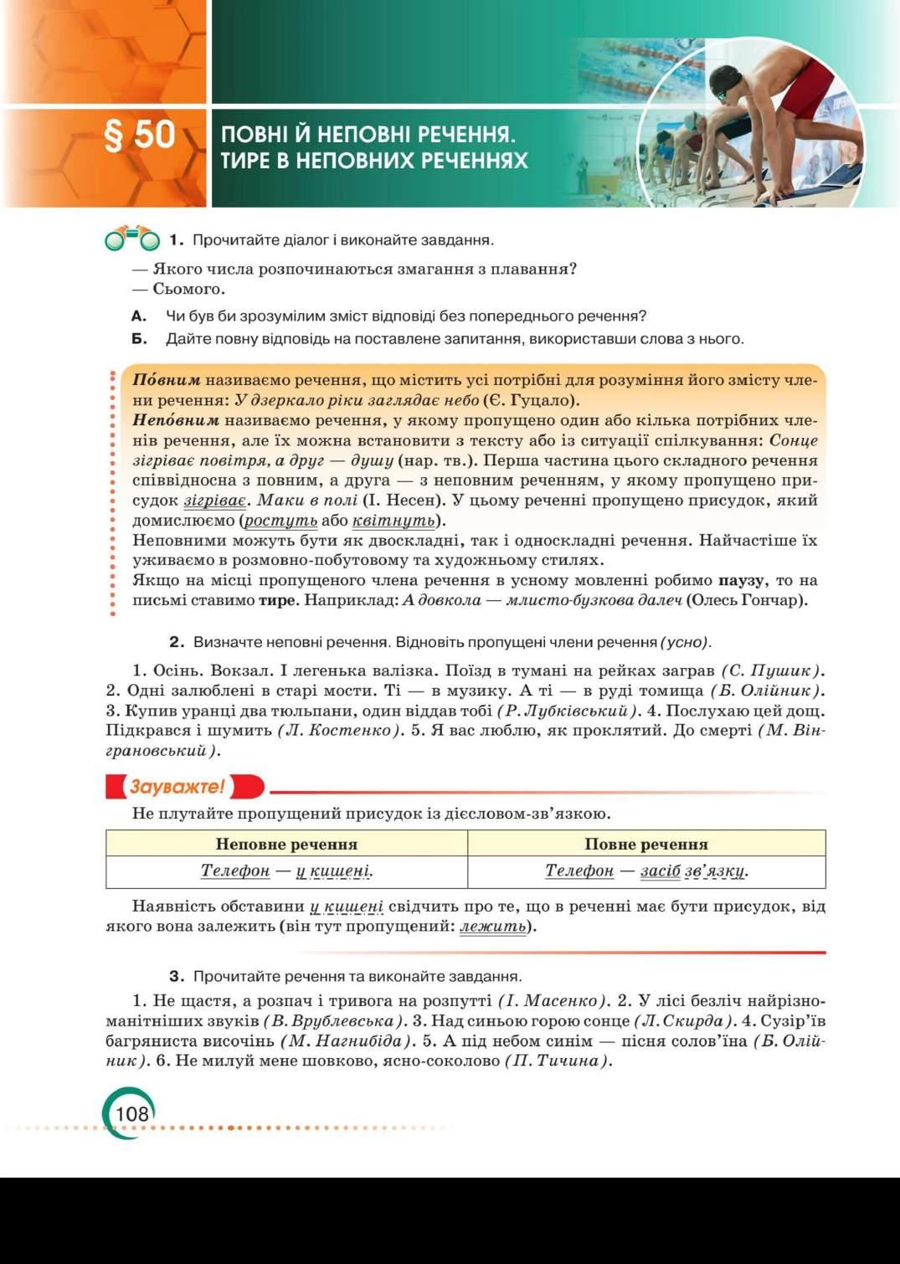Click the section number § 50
click(x=139, y=135)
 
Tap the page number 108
click(x=131, y=1113)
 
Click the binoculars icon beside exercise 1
click(x=131, y=239)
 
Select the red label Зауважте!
click(x=177, y=787)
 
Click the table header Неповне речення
click(x=286, y=844)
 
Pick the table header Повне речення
click(x=645, y=844)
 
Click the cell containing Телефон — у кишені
click(x=286, y=871)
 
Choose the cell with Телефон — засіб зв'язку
click(x=645, y=871)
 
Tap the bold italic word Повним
click(x=166, y=380)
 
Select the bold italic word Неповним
click(x=175, y=420)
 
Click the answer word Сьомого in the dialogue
click(x=188, y=289)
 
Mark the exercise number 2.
click(x=176, y=642)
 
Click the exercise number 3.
click(x=176, y=976)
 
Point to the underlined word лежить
click(x=493, y=927)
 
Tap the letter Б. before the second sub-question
click(x=139, y=339)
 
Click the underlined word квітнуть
click(x=393, y=521)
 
